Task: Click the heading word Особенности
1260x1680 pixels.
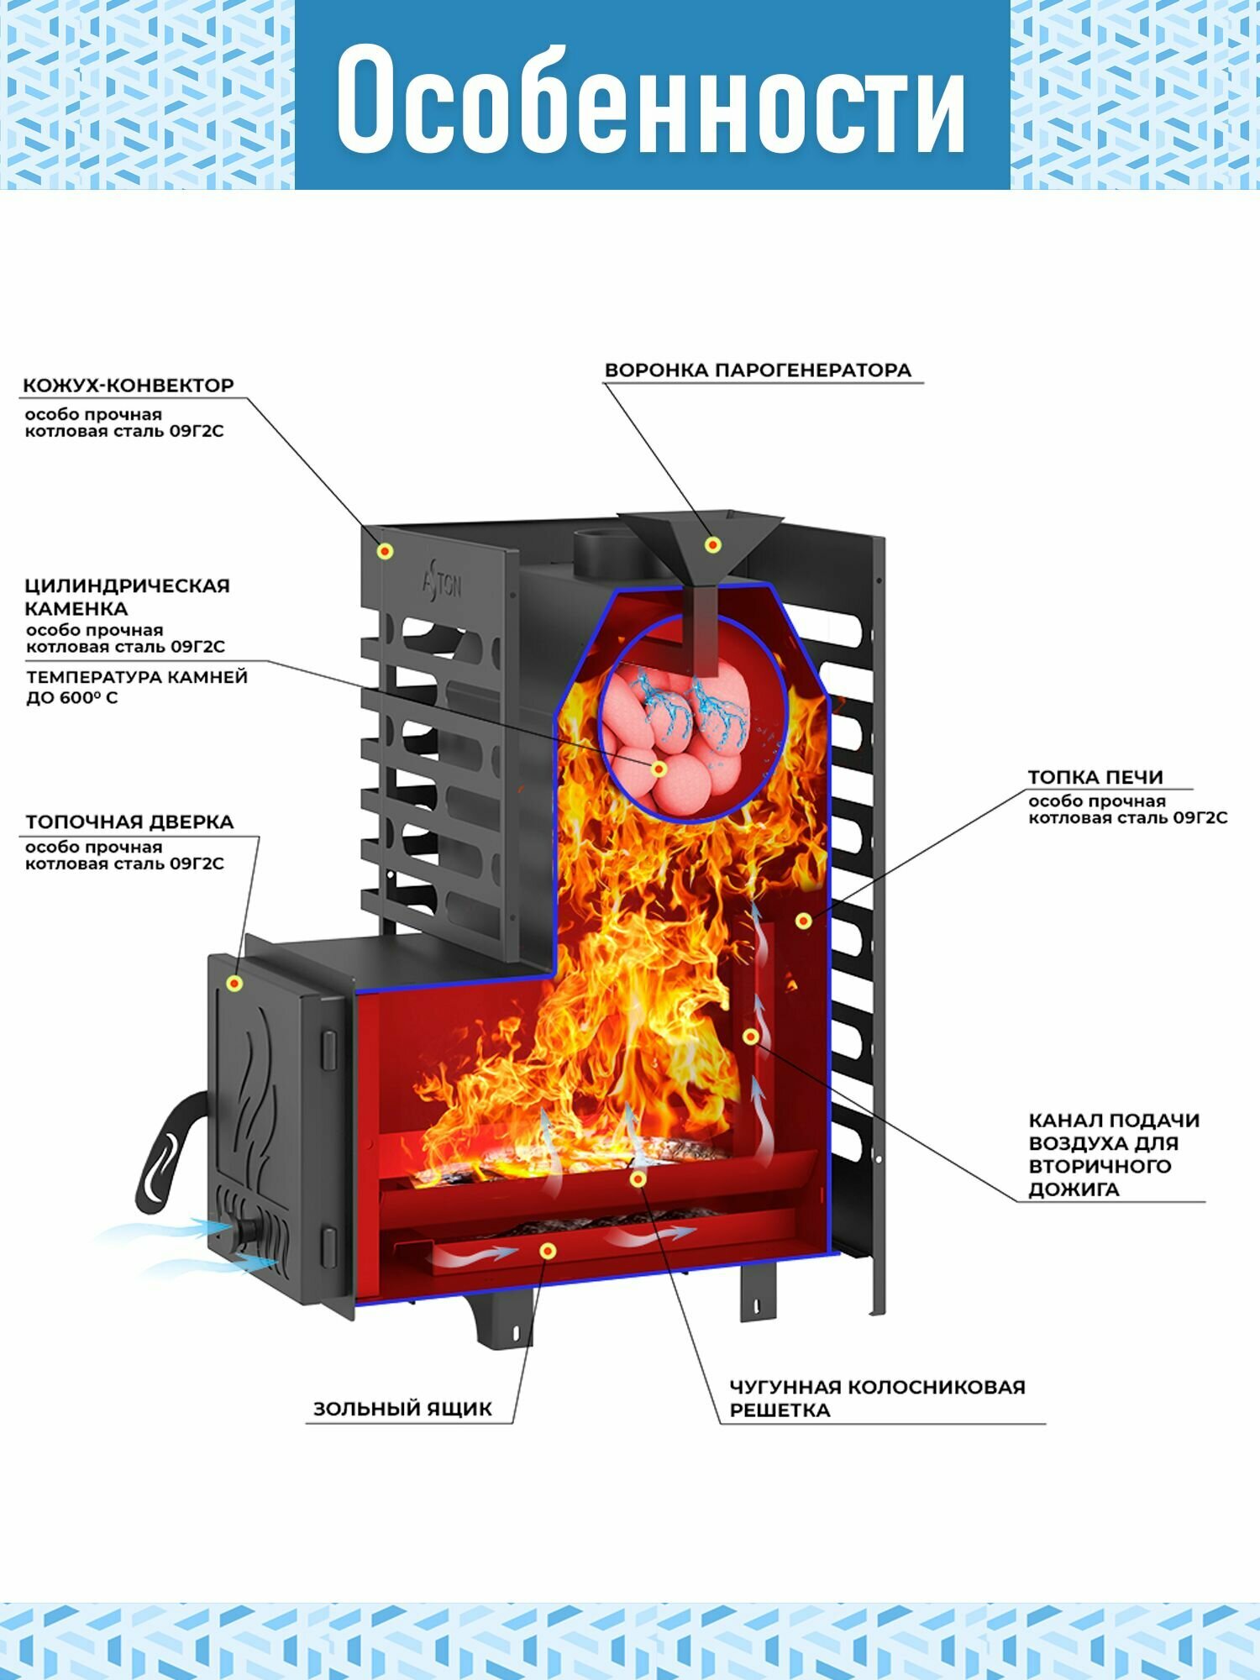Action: [x=651, y=99]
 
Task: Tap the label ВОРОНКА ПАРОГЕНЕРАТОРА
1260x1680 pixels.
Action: [x=758, y=370]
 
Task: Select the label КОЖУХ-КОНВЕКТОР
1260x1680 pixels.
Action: [x=128, y=386]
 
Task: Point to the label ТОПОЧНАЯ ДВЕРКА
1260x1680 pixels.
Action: [x=129, y=822]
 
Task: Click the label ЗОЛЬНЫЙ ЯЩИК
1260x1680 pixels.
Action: [x=402, y=1409]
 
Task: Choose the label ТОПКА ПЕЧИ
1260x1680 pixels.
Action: [x=1095, y=777]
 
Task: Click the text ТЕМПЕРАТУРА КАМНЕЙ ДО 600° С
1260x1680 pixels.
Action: [x=136, y=686]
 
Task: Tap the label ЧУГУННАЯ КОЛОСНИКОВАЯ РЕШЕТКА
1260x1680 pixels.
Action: [x=876, y=1399]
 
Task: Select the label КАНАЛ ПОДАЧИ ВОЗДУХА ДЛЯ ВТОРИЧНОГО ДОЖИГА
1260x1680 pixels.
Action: [x=1114, y=1154]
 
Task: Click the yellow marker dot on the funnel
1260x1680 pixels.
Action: [x=713, y=545]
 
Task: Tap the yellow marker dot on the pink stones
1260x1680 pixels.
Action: [x=659, y=769]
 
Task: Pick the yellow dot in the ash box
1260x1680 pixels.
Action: [x=548, y=1252]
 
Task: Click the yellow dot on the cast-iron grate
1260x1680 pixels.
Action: [x=638, y=1179]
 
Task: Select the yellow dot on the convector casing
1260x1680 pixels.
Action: [x=386, y=551]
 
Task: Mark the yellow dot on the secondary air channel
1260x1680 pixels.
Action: [x=751, y=1037]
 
